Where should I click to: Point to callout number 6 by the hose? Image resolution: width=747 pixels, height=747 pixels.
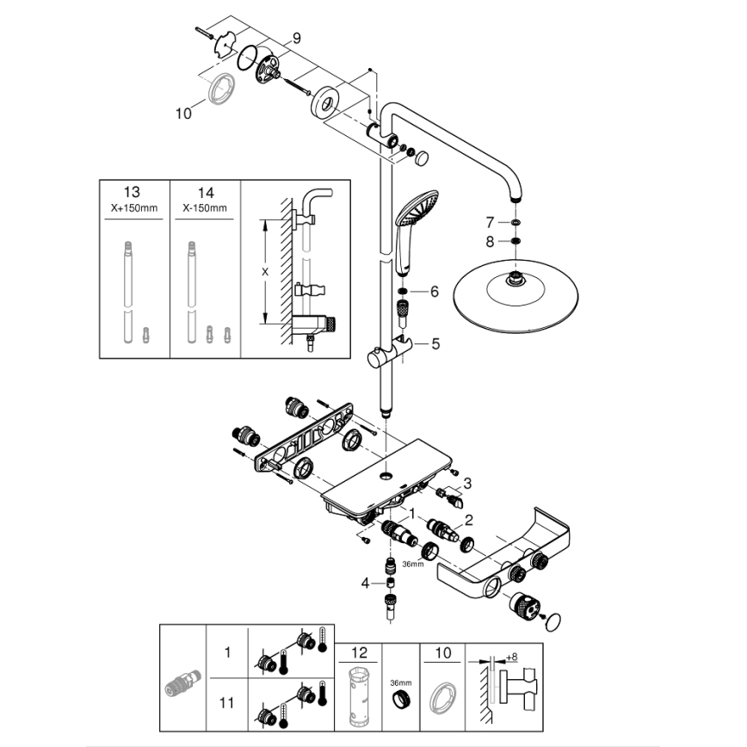pos(435,292)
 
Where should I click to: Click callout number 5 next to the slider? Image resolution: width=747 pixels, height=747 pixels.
pos(435,343)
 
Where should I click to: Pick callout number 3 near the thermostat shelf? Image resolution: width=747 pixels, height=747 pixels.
pos(468,483)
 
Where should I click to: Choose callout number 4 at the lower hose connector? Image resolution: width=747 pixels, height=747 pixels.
pos(365,583)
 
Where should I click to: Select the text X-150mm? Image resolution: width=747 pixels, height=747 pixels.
pos(206,207)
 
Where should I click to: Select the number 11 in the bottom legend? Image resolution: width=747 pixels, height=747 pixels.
pos(227,703)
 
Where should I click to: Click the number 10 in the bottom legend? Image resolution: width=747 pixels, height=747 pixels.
pos(442,653)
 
